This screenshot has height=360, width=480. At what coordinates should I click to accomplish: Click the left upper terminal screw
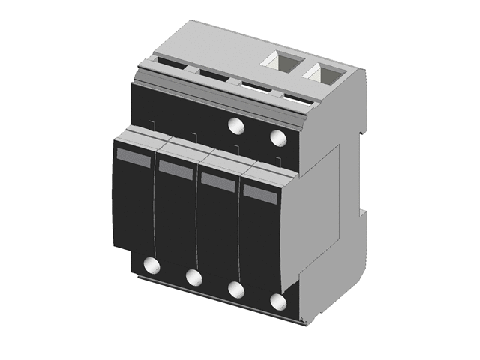235,125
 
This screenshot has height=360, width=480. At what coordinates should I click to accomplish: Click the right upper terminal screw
277,138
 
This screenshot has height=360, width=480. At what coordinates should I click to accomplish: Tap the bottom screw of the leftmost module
151,265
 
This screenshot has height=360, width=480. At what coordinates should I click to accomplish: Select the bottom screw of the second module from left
193,277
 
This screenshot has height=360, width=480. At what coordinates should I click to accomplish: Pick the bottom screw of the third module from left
235,290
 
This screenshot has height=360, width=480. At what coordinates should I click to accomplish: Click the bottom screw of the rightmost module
278,302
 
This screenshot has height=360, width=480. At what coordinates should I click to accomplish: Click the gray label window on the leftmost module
133,157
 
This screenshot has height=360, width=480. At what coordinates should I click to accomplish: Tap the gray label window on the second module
175,169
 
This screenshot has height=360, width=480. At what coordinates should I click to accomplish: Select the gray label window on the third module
217,181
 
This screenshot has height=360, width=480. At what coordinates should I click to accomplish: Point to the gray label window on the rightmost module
260,193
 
